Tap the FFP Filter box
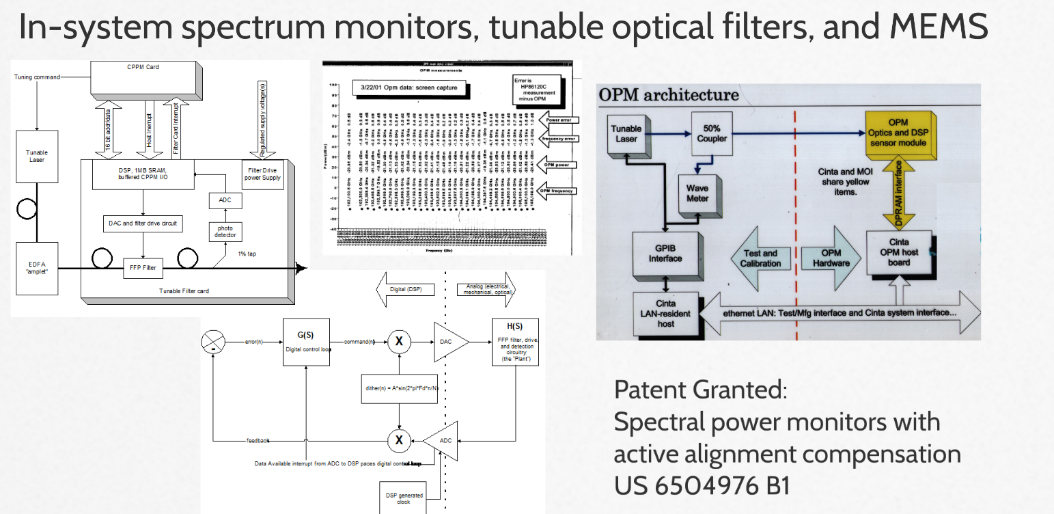pos(142,267)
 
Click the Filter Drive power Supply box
pos(263,174)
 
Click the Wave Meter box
pos(697,193)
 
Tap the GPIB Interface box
pos(665,252)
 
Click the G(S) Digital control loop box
pos(307,342)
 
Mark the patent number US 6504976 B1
pos(702,485)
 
